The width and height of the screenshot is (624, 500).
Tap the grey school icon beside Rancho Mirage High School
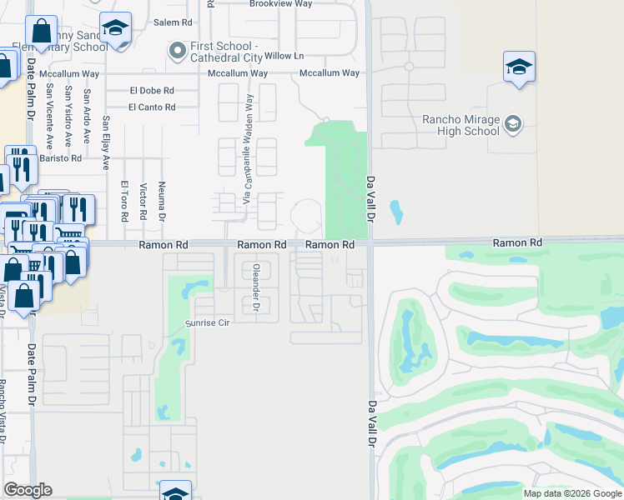click(x=512, y=125)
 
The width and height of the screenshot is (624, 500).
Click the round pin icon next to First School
click(x=176, y=51)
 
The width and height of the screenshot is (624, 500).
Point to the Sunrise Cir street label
click(x=206, y=322)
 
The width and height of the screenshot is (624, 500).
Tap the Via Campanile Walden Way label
click(x=247, y=150)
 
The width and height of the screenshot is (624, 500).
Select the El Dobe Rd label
click(x=152, y=90)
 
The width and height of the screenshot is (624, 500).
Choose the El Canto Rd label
click(x=152, y=107)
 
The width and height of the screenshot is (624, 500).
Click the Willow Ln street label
click(x=284, y=57)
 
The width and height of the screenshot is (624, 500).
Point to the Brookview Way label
click(x=281, y=3)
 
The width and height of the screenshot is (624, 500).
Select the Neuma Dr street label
click(x=162, y=202)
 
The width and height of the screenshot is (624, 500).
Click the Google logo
click(x=28, y=490)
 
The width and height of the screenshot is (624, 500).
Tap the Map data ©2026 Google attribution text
click(x=572, y=493)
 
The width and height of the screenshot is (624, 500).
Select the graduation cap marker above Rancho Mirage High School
click(x=519, y=67)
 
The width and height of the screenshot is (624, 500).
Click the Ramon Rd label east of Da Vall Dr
click(x=517, y=242)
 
